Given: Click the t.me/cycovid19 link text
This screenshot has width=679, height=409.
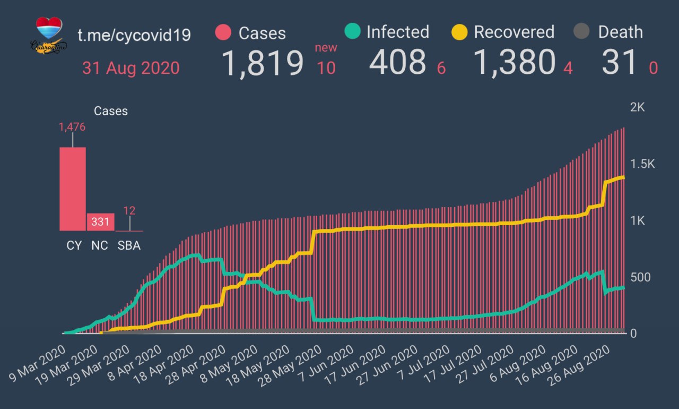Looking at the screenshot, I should [x=134, y=35].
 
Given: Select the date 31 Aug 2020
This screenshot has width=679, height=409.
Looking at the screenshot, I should [x=130, y=68].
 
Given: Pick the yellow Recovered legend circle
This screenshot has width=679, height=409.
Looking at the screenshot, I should [x=459, y=32].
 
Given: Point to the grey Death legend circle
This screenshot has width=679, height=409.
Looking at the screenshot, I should [x=582, y=32].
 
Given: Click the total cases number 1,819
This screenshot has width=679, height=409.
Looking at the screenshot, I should [x=262, y=63].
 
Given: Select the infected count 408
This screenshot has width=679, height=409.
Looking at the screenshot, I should [x=397, y=62].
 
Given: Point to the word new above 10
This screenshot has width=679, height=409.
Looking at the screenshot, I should [x=326, y=48].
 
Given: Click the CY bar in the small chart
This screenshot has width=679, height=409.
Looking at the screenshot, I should [x=73, y=189].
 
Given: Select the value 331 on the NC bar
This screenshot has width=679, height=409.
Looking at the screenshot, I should [x=100, y=221].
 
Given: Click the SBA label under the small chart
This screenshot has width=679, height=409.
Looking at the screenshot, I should [x=129, y=245].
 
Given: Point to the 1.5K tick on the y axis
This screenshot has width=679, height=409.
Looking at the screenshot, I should [x=642, y=164].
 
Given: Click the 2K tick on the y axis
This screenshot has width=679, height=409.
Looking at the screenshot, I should [x=637, y=107].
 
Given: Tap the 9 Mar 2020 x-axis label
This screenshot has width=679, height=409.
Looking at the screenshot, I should [x=37, y=367].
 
